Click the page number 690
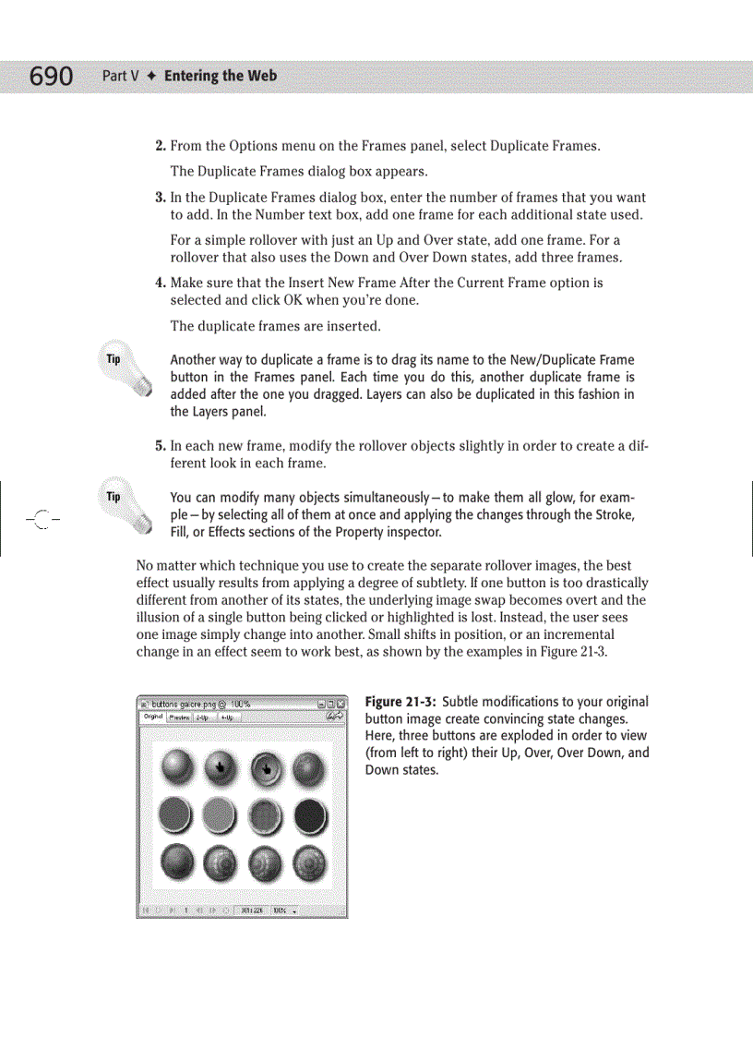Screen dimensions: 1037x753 [51, 76]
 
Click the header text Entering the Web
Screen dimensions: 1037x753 [220, 76]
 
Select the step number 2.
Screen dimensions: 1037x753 [160, 146]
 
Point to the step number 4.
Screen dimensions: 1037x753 [160, 283]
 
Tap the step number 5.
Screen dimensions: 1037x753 [160, 445]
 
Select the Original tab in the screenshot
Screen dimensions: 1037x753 [152, 717]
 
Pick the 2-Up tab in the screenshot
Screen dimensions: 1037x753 [201, 717]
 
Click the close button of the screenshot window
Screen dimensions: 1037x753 [340, 704]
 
